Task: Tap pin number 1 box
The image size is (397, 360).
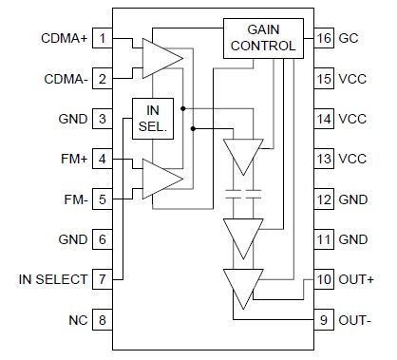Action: (x=102, y=41)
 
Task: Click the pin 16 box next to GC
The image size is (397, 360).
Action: (x=323, y=41)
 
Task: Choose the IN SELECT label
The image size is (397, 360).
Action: (x=53, y=280)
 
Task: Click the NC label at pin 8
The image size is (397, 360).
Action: (x=77, y=320)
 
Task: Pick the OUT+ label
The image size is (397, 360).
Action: (x=357, y=280)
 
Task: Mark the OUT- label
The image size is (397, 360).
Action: (x=357, y=320)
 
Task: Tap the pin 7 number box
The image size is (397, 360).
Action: (x=102, y=280)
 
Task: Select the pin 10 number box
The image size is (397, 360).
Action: (x=323, y=280)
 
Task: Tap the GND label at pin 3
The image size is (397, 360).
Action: (x=72, y=121)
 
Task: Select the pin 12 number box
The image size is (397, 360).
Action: (x=323, y=200)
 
